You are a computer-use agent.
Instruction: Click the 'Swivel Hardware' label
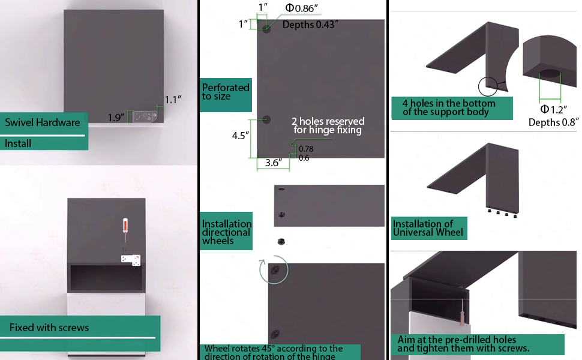(x=42, y=122)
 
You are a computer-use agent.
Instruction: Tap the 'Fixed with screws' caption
(x=49, y=328)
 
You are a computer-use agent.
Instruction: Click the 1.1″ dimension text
(x=173, y=100)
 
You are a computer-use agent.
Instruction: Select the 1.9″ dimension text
(x=116, y=118)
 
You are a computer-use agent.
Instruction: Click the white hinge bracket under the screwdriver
(x=131, y=259)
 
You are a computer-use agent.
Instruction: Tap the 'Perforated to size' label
(x=225, y=92)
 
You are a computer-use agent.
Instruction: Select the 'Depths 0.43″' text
(x=310, y=25)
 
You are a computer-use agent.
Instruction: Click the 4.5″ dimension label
(x=241, y=136)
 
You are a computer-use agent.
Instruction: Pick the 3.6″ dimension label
(x=273, y=162)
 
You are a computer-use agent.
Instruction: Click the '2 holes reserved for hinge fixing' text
(x=328, y=125)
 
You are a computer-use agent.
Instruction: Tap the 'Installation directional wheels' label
(x=226, y=232)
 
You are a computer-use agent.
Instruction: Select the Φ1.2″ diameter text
(x=554, y=109)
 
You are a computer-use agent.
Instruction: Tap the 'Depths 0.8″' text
(x=553, y=122)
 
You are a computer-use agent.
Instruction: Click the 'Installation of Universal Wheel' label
(x=428, y=228)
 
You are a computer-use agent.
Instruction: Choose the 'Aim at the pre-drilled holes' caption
(x=462, y=344)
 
